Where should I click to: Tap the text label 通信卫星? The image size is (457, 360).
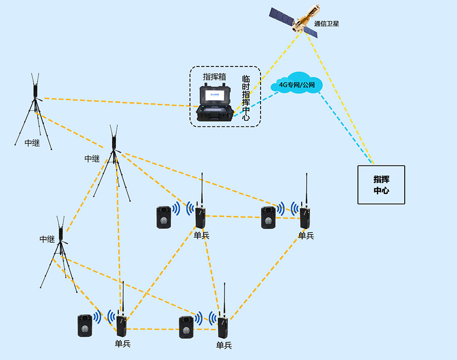click(327, 23)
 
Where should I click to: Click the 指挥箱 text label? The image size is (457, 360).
click(214, 77)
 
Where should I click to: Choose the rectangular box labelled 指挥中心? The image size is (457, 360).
click(381, 185)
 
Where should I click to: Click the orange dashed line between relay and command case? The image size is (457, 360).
click(117, 102)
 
